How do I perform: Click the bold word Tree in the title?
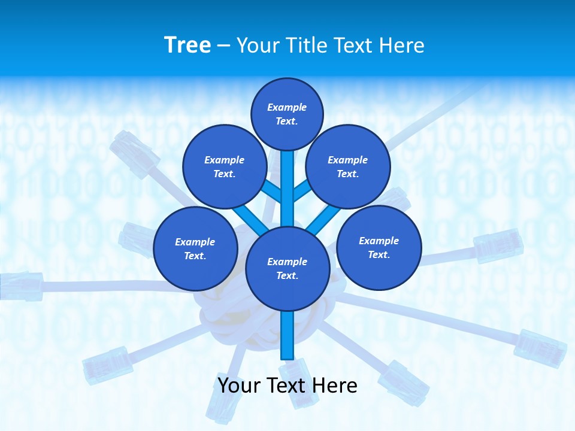pyautogui.click(x=187, y=45)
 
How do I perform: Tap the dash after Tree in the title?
pyautogui.click(x=223, y=46)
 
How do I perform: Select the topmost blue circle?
pyautogui.click(x=287, y=114)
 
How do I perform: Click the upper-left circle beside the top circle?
pyautogui.click(x=225, y=166)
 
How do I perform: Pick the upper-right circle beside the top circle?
pyautogui.click(x=348, y=166)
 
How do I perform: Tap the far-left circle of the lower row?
pyautogui.click(x=195, y=248)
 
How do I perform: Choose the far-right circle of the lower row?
pyautogui.click(x=379, y=247)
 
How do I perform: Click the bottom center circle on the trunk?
pyautogui.click(x=287, y=268)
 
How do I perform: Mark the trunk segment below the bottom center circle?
pyautogui.click(x=287, y=335)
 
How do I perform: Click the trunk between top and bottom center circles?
pyautogui.click(x=287, y=189)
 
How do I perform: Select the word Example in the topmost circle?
pyautogui.click(x=287, y=107)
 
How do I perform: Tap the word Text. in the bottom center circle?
pyautogui.click(x=287, y=275)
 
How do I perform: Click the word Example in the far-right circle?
pyautogui.click(x=379, y=241)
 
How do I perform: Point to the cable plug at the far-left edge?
pyautogui.click(x=21, y=286)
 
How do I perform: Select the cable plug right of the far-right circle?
pyautogui.click(x=498, y=245)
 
